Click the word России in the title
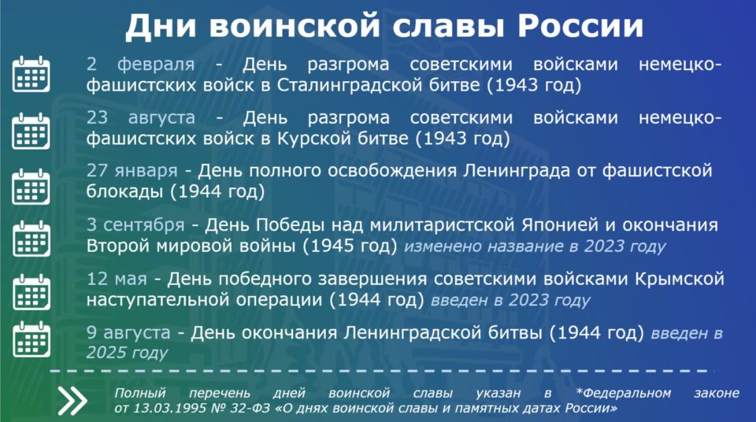[580, 25]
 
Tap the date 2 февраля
[141, 64]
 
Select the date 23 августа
[141, 117]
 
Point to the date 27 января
[132, 170]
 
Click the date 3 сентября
[135, 224]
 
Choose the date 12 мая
[117, 279]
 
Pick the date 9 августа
[128, 332]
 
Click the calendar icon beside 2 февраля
[31, 74]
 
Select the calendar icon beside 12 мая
[31, 292]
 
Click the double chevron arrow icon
[72, 400]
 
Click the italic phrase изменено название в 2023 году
[535, 246]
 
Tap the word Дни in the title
[161, 25]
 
